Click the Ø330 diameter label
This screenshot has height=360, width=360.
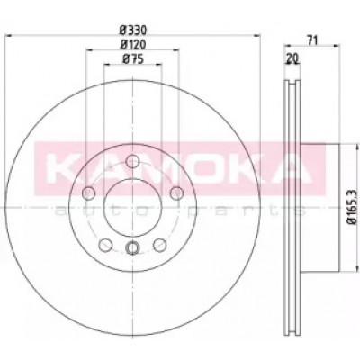click(x=132, y=30)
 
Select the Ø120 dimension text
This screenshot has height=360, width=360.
click(x=133, y=45)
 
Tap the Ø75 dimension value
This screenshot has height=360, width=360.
click(x=133, y=59)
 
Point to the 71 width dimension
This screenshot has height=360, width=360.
click(x=312, y=40)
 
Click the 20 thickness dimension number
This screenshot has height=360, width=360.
click(x=292, y=59)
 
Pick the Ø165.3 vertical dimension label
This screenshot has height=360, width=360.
click(x=352, y=207)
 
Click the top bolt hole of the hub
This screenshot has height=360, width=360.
click(x=132, y=161)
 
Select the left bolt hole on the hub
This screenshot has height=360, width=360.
click(x=88, y=193)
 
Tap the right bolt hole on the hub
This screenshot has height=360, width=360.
click(x=176, y=193)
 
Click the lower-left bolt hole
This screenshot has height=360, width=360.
click(x=105, y=245)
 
